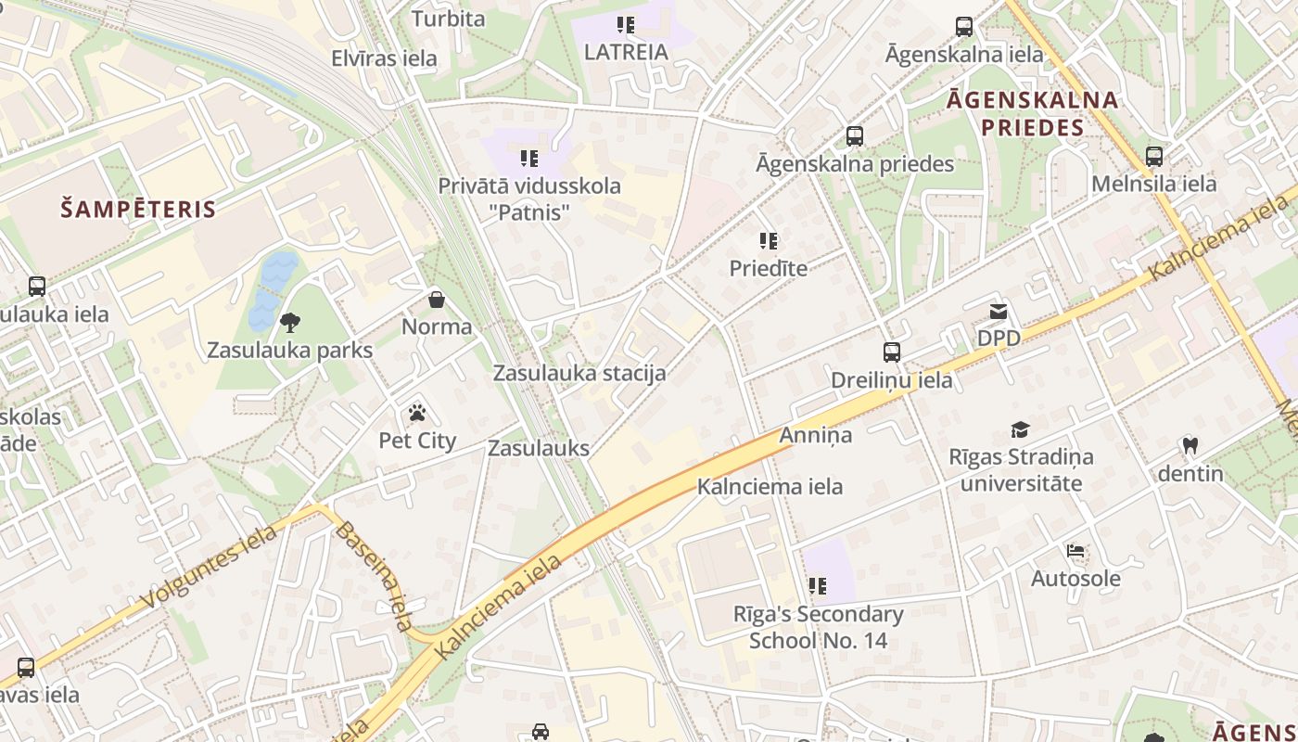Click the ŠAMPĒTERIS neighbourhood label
(x=138, y=209)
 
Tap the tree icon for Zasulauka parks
(x=289, y=323)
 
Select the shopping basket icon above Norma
(x=437, y=300)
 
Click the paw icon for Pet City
(x=417, y=413)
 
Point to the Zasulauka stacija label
(x=579, y=374)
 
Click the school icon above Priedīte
(x=768, y=241)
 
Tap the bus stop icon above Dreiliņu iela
(x=891, y=352)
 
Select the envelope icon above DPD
(x=999, y=312)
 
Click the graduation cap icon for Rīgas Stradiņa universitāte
(x=1020, y=429)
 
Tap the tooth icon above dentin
(x=1190, y=446)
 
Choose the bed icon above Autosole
(x=1075, y=551)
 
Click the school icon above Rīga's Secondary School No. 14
(x=817, y=585)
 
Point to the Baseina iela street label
(x=373, y=576)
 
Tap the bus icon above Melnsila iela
(x=1153, y=157)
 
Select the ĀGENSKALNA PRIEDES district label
(x=1032, y=113)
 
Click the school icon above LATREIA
(x=626, y=25)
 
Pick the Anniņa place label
(x=815, y=434)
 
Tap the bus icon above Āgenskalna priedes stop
(x=855, y=136)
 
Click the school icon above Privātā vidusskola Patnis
(x=528, y=159)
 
